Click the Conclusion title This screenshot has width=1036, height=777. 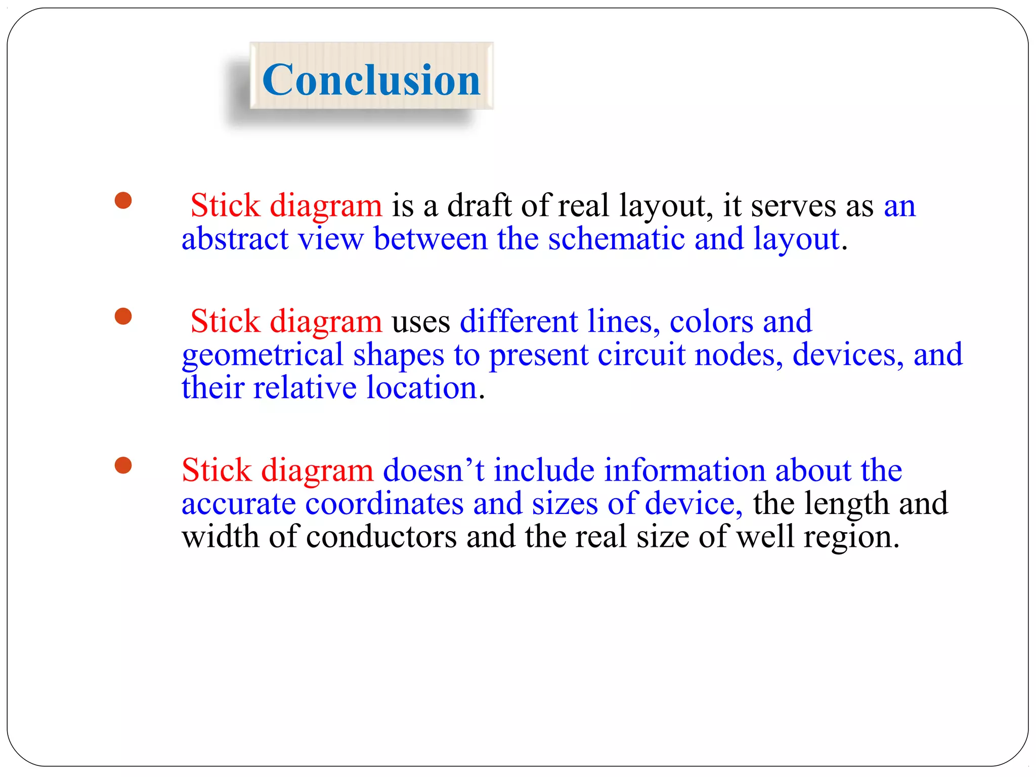[371, 80]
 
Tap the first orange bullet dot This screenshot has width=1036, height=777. [123, 200]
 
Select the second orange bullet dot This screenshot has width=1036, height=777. [123, 317]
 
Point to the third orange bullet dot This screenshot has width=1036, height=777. [123, 465]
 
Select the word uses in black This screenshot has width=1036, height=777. [421, 322]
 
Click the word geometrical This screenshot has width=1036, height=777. [263, 355]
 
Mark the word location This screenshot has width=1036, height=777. [422, 388]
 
